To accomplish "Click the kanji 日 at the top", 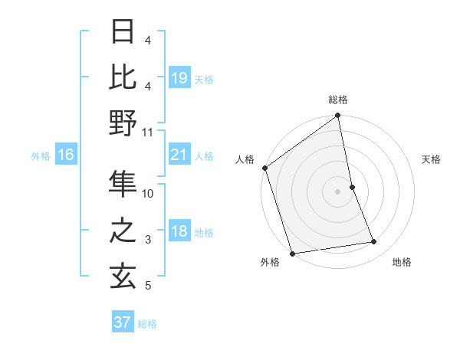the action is click(123, 31).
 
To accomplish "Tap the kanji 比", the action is click(123, 77).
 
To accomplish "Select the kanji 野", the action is click(123, 123).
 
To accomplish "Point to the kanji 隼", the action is click(123, 184).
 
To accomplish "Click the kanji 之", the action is click(123, 231).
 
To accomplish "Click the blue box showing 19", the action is click(179, 78).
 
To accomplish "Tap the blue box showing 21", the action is click(179, 155).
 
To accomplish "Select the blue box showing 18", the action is click(179, 232).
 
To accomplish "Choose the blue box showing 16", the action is click(66, 155).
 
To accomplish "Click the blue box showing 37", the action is click(122, 322).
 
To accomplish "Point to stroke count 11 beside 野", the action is click(148, 132).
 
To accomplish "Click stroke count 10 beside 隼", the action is click(148, 194).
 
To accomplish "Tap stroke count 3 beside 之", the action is click(148, 240).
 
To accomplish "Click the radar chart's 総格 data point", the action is click(337, 117).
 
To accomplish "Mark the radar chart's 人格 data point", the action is click(265, 168).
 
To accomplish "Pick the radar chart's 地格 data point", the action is click(374, 242).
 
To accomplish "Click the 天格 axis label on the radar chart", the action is click(431, 159).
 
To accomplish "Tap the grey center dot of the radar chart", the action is click(337, 191).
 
